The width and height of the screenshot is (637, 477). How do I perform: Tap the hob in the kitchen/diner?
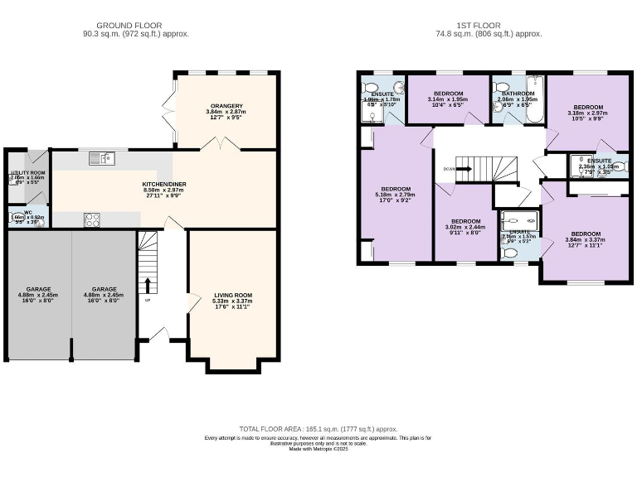(92, 219)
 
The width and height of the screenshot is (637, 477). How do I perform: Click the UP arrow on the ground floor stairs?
(148, 287)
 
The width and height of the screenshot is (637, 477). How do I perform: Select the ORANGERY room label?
(226, 106)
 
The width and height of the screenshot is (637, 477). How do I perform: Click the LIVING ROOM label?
(233, 295)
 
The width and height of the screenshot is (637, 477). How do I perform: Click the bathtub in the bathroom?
(535, 98)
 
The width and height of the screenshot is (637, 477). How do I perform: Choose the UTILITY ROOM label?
(27, 173)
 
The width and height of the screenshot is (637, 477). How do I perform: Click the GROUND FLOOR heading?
(129, 26)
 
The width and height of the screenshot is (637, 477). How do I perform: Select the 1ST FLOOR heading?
(489, 26)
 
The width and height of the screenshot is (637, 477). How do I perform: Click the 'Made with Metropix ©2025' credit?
(318, 450)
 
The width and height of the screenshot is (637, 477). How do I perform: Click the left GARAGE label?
(37, 289)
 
